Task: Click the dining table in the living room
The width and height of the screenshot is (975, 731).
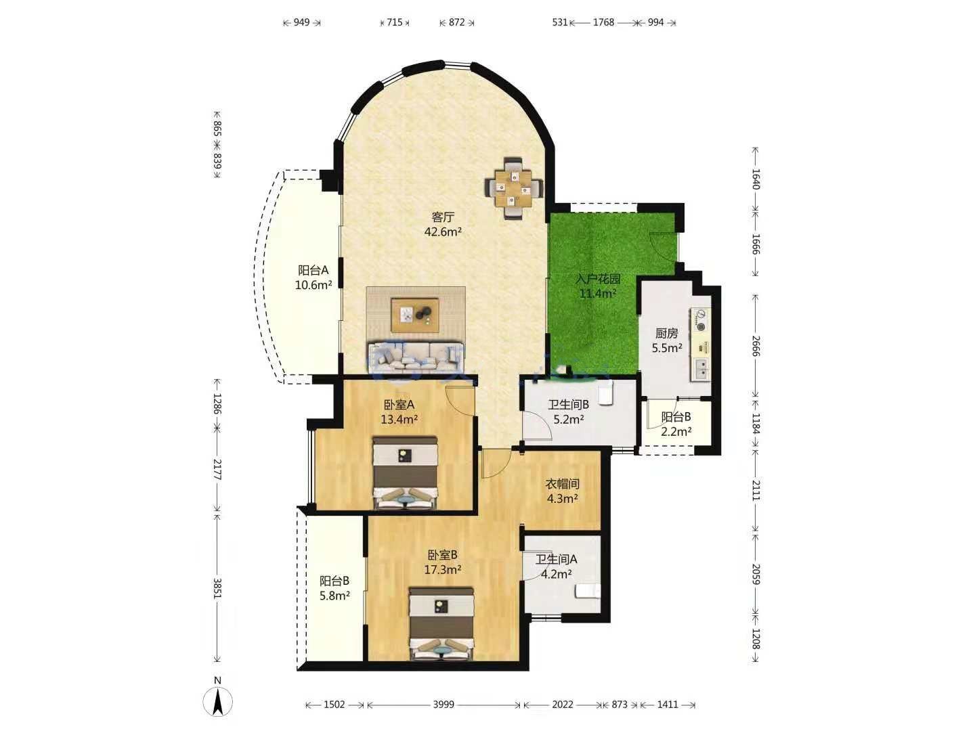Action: point(515,188)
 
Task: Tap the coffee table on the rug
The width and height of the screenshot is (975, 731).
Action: point(415,315)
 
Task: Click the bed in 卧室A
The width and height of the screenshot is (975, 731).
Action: point(405,472)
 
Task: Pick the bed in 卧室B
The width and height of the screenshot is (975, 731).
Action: point(441,623)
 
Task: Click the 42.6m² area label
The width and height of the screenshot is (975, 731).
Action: point(443,231)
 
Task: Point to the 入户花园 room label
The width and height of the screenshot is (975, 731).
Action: point(597,279)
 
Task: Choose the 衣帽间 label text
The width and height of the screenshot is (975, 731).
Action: point(563,483)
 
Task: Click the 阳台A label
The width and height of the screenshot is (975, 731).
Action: point(313,270)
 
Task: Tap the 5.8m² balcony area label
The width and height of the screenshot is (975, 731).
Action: point(334,595)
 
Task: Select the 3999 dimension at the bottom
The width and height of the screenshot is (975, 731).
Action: point(443,705)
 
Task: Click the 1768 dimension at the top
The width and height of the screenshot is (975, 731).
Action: point(604,22)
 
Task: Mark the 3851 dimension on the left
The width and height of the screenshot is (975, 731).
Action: point(217,588)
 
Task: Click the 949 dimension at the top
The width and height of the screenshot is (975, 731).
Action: point(301,22)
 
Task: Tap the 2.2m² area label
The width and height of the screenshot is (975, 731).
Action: point(676,431)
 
